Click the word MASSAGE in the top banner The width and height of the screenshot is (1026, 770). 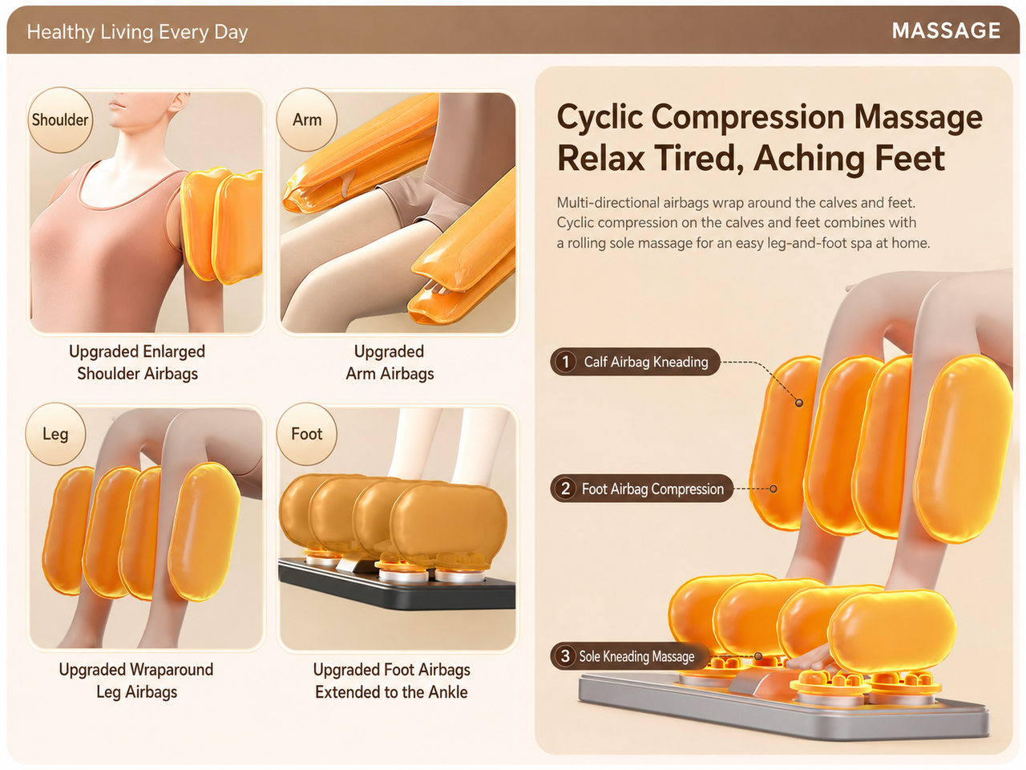946,30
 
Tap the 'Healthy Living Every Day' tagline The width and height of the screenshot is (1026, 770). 137,32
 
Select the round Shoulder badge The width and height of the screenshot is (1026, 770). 60,120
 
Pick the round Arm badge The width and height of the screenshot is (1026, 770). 307,120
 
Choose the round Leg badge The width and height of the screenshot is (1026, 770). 55,434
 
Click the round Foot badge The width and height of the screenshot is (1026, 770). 307,434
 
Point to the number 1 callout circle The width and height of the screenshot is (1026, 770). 566,362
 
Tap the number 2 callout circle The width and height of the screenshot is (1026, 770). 566,488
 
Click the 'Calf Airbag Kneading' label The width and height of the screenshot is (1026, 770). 646,362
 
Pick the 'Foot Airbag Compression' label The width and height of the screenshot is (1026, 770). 652,489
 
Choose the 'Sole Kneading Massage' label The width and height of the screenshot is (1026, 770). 636,656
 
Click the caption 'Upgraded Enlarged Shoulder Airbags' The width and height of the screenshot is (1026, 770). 137,363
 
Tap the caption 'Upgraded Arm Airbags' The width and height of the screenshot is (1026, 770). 390,363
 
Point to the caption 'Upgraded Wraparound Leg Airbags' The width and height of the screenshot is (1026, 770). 136,681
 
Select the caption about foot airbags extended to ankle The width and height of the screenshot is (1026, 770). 391,681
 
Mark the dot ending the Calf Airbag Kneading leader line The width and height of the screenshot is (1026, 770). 799,403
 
